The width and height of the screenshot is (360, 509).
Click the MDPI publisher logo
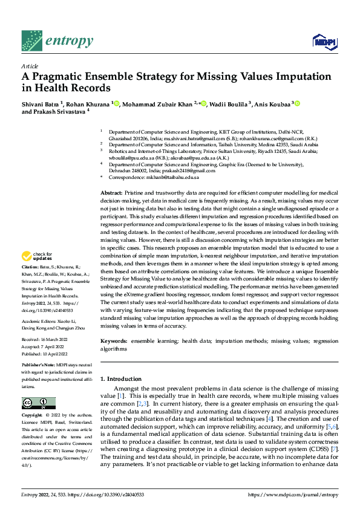322,41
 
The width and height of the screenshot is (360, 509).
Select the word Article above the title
30,66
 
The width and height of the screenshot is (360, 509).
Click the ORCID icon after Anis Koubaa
297,103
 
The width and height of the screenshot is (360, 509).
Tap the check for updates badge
37,256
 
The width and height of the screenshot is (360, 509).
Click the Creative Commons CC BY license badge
38,403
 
